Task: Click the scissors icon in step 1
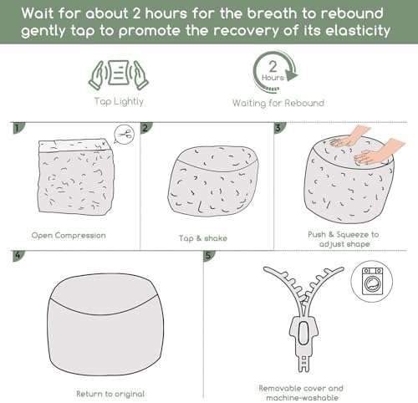click(125, 135)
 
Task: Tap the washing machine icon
click(372, 281)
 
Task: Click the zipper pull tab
click(303, 333)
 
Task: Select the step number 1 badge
click(18, 128)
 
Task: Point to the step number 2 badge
click(146, 128)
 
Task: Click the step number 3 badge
click(279, 128)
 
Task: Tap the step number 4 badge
click(18, 256)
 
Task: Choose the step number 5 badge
click(209, 256)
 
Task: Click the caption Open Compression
click(69, 236)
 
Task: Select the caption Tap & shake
click(203, 238)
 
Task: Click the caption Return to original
click(110, 394)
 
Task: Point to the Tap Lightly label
click(119, 101)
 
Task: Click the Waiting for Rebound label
click(278, 103)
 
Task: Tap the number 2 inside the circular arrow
click(273, 67)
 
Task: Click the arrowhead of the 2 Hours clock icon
click(292, 75)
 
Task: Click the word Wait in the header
click(37, 13)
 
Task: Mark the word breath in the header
click(272, 13)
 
